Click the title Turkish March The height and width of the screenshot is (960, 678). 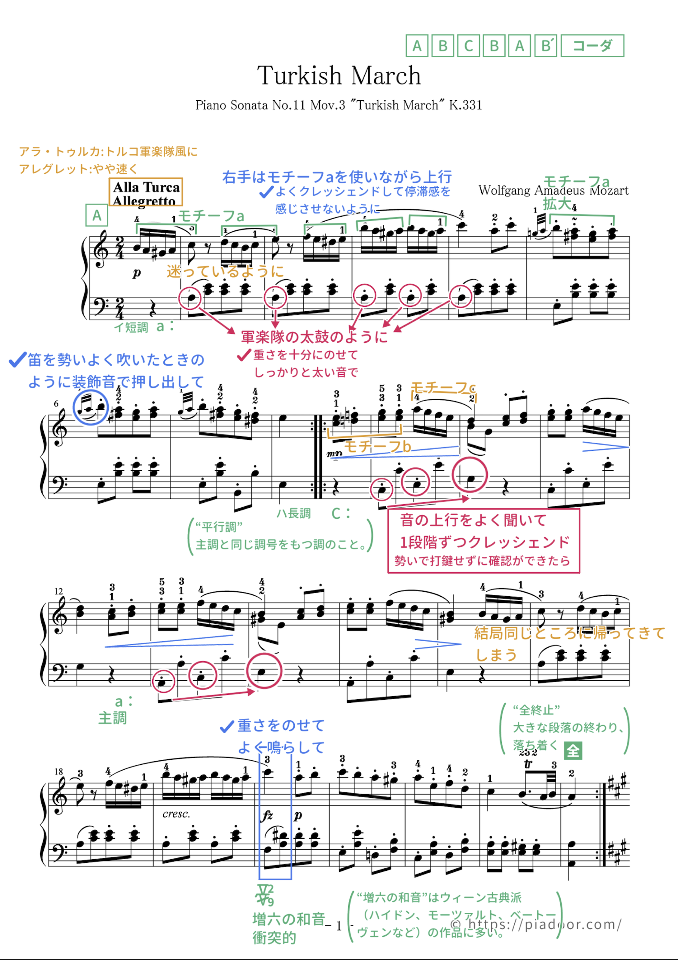338,76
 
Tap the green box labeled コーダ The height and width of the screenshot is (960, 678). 592,46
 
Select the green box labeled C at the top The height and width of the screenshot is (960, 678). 468,46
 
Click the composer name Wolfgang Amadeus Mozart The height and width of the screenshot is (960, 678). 553,191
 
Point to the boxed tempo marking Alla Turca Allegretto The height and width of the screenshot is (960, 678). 146,193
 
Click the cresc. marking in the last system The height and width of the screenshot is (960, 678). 176,814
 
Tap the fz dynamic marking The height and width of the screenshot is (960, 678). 267,815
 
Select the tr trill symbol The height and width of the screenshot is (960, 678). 528,764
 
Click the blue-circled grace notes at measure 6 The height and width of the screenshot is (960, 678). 91,407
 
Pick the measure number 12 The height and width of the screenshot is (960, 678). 58,591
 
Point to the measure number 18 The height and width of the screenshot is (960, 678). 58,771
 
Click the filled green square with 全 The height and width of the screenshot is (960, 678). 573,751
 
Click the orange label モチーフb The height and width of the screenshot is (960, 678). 377,447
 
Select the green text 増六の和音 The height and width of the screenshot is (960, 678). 288,919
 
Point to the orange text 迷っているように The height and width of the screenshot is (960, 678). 225,271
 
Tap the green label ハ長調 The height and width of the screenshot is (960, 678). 294,513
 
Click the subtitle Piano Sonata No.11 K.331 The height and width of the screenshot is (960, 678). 338,105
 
